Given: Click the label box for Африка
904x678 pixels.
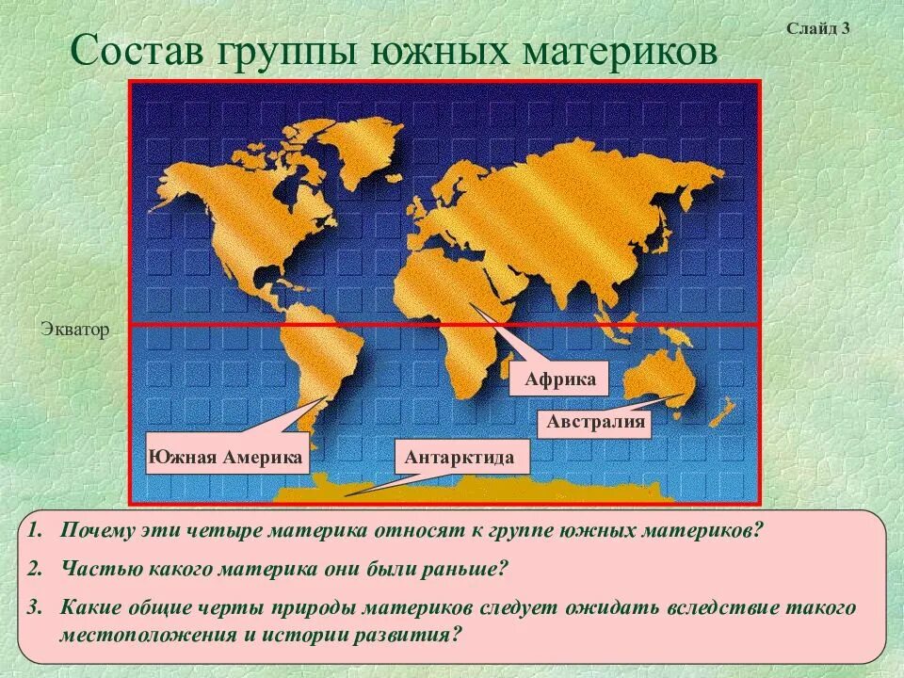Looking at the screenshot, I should (559, 379).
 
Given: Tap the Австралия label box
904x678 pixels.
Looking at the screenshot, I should (596, 422).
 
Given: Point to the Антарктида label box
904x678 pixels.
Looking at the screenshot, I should (460, 458).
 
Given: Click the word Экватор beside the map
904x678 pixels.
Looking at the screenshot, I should (75, 330).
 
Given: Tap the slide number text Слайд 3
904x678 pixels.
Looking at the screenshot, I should (818, 28).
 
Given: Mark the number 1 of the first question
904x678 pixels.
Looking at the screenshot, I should (35, 529).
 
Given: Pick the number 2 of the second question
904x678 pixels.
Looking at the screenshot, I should (35, 569).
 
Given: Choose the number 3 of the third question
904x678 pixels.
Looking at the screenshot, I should (35, 606).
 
